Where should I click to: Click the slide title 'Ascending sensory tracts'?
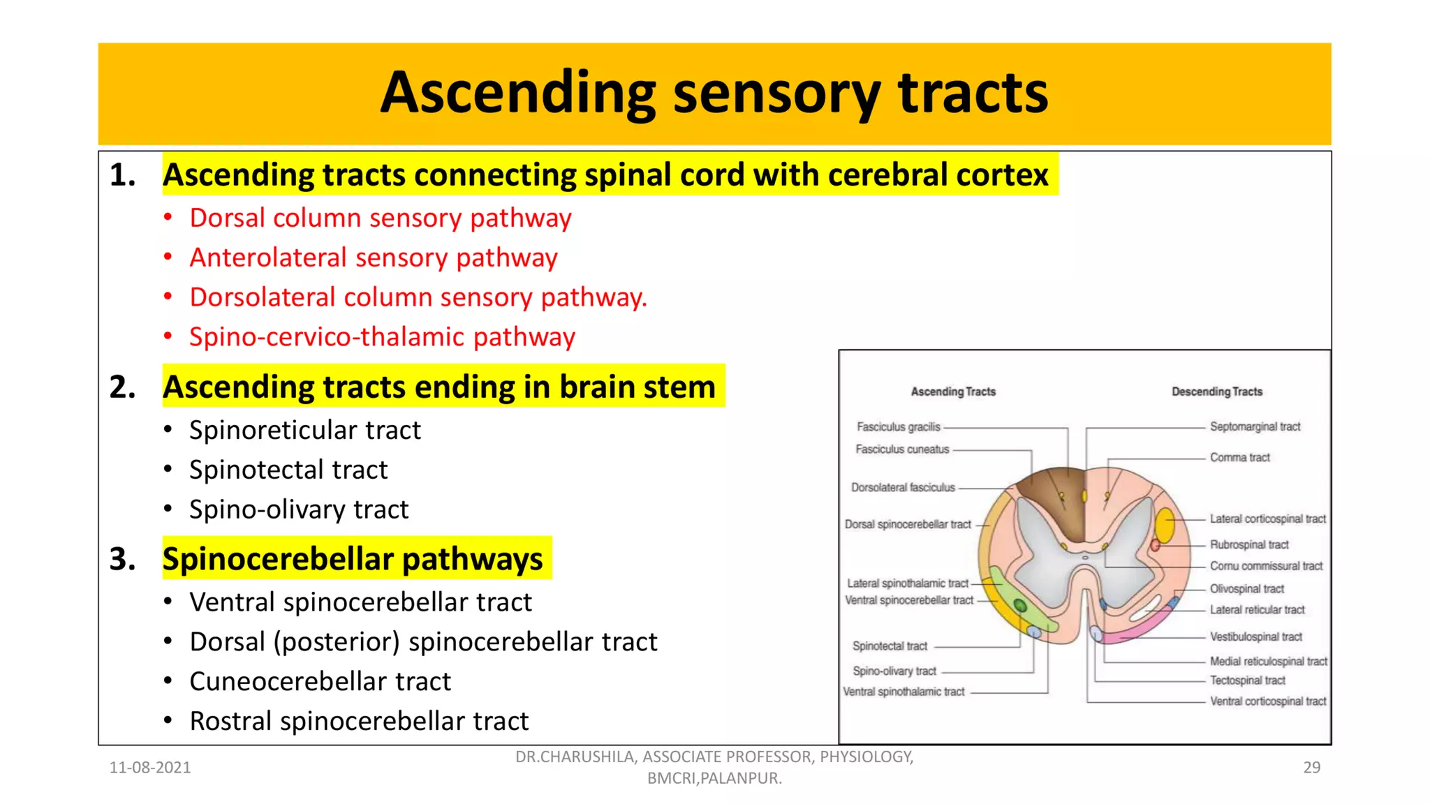click(714, 93)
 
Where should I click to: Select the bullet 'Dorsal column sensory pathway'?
click(381, 218)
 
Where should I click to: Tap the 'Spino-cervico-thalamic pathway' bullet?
click(382, 337)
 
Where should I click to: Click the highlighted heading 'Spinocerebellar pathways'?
click(353, 559)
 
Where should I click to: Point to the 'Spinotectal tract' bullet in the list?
click(288, 470)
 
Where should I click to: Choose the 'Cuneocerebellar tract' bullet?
click(320, 681)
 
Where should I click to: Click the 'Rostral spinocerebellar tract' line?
click(359, 721)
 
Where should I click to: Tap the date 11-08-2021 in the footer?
click(150, 768)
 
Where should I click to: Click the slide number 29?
click(1311, 768)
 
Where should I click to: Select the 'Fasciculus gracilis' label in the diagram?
click(899, 426)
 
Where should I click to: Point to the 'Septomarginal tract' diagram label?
click(1255, 426)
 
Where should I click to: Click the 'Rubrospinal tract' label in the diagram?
click(1249, 544)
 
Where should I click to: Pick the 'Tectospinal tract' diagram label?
click(1247, 680)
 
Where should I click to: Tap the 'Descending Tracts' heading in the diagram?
click(1217, 392)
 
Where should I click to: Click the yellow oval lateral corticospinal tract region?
click(1165, 525)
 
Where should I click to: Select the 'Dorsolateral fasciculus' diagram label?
click(903, 487)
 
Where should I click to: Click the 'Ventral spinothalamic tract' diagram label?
click(904, 692)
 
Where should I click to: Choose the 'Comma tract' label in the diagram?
click(1239, 457)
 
